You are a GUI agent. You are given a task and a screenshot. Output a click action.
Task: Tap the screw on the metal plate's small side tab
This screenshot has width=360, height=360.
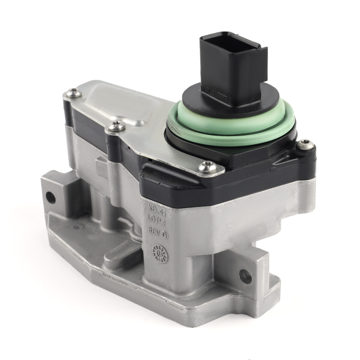tap(116, 127)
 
